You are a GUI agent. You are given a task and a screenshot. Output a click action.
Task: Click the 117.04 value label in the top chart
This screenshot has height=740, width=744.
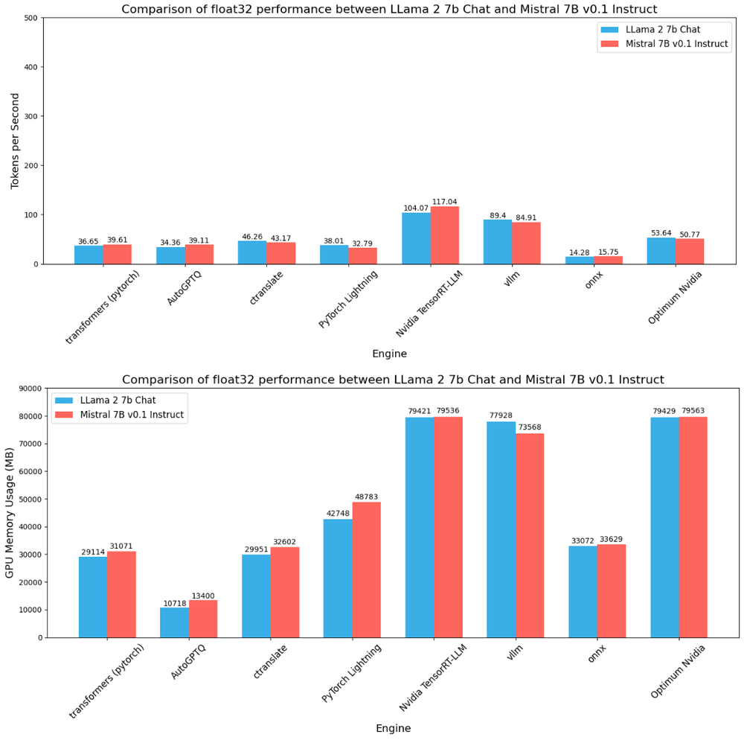coord(445,202)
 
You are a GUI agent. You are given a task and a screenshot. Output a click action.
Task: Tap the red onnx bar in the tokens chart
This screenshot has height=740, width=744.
coord(608,260)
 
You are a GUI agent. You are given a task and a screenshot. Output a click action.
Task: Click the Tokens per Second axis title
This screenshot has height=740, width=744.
coord(14,141)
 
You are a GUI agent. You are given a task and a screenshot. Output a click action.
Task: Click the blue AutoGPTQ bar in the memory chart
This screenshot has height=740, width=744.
coord(174,622)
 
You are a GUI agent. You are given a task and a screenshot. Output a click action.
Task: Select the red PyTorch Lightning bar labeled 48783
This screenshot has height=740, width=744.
coord(366,570)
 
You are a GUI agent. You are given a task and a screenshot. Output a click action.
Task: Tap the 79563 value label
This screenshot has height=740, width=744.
coord(693,411)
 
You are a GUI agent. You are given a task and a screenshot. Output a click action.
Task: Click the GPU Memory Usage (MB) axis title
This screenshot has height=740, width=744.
coord(10,513)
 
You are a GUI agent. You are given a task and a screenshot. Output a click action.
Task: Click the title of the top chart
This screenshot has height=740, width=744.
coord(389,10)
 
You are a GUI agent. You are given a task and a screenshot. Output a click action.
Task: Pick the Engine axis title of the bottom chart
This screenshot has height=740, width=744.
coord(393,728)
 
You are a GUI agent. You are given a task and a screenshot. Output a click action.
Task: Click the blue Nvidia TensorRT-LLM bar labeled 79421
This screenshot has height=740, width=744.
coord(420,527)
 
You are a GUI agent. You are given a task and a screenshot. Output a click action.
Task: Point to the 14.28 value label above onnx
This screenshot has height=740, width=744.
coord(580,252)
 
